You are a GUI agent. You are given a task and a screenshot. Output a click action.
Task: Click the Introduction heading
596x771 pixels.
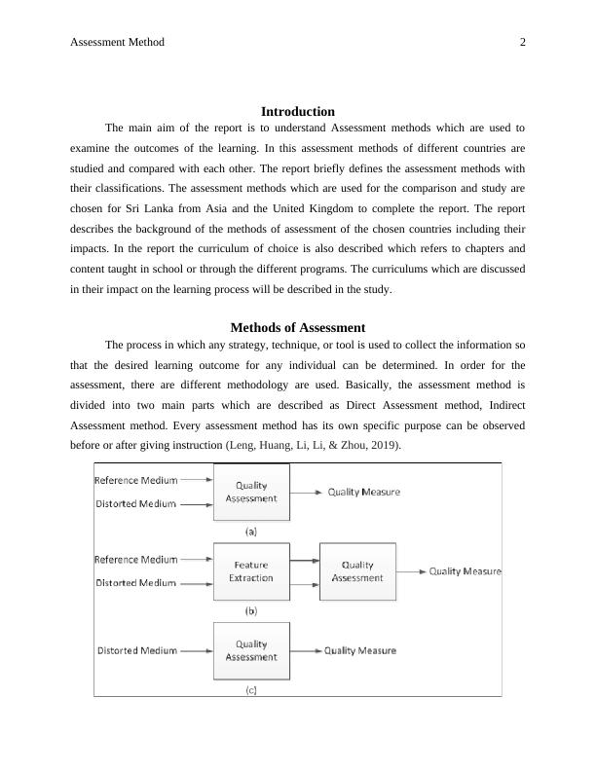[x=298, y=111]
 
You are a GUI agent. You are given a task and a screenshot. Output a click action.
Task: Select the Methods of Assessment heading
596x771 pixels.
[x=298, y=327]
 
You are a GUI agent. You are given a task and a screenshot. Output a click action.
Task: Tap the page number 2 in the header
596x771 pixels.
[x=522, y=42]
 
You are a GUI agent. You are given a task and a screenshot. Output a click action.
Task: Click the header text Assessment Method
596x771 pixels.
[x=118, y=42]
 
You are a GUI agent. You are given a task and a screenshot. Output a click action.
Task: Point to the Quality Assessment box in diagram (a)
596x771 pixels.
[x=251, y=491]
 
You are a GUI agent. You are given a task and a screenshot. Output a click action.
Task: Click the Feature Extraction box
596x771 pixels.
[x=251, y=571]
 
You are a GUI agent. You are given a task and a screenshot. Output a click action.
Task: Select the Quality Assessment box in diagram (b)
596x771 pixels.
[x=357, y=571]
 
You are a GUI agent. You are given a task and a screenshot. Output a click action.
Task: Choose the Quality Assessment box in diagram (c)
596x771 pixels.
[x=251, y=650]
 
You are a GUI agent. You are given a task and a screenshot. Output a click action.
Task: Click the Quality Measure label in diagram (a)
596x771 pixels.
[x=363, y=492]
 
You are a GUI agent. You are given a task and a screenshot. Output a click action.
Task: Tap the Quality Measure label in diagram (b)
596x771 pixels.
[x=466, y=571]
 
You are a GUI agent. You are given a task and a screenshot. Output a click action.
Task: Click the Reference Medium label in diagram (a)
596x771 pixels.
[x=135, y=479]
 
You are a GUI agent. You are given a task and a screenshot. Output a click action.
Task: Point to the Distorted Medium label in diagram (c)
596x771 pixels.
[x=137, y=650]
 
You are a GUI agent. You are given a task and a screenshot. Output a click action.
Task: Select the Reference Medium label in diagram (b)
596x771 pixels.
[x=135, y=559]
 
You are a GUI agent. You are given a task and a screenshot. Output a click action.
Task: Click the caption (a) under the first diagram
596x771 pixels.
[x=251, y=532]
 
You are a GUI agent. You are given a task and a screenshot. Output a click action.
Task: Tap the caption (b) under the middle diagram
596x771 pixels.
[x=251, y=611]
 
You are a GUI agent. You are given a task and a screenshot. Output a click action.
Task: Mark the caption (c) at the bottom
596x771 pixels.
[x=251, y=690]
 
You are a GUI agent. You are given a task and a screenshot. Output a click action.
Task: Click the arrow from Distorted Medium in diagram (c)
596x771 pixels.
[x=197, y=650]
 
